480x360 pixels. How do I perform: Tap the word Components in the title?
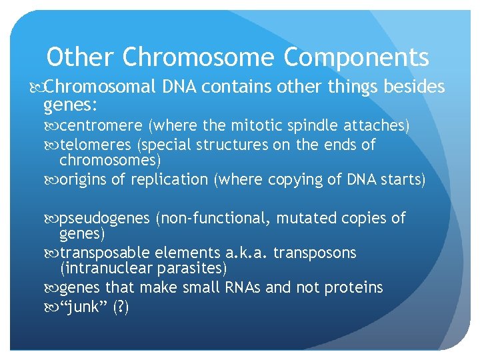coord(356,58)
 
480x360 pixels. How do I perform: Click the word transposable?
coord(105,253)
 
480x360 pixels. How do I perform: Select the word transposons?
coord(315,253)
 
